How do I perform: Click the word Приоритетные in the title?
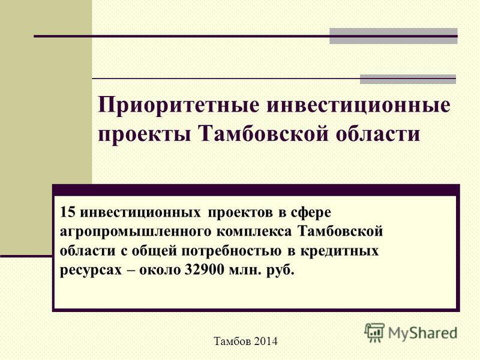click(179, 106)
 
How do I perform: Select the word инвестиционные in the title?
click(358, 104)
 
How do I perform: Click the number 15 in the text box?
click(67, 212)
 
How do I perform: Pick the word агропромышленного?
click(136, 232)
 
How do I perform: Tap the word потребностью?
click(231, 251)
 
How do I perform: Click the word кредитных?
click(340, 251)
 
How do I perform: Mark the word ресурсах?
click(91, 271)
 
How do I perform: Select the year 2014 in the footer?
click(265, 341)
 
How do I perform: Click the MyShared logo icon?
click(374, 332)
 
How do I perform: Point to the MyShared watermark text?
click(422, 333)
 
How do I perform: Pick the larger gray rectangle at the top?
click(394, 36)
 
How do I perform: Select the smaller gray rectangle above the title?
click(408, 79)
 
